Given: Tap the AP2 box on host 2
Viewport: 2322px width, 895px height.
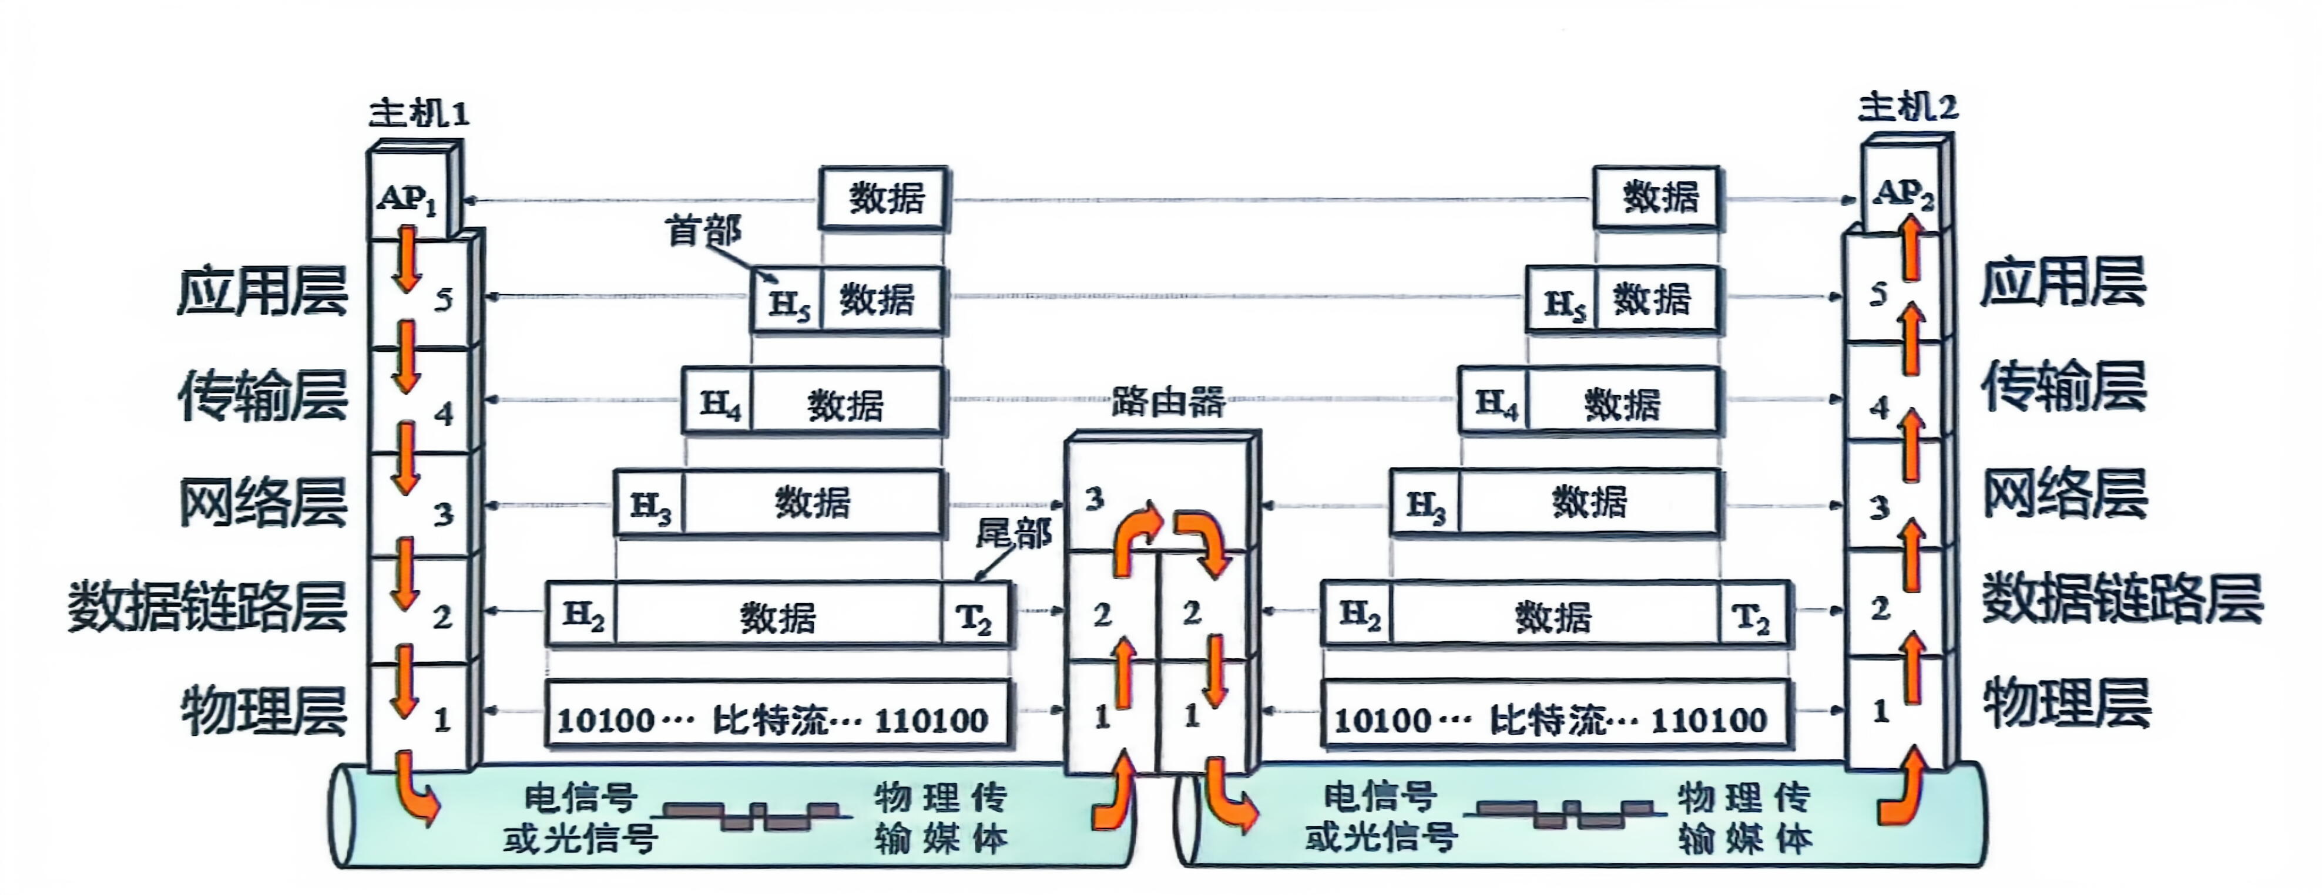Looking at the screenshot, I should [x=1903, y=192].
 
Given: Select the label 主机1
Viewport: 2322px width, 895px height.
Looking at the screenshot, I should [x=419, y=113].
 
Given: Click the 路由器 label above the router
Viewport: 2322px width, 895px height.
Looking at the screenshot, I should [x=1167, y=401].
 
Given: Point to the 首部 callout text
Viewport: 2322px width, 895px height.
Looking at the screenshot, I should [x=703, y=231].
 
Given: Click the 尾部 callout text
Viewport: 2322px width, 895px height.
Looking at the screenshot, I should [x=1013, y=534].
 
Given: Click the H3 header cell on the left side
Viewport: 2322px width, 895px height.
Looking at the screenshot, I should [x=650, y=506].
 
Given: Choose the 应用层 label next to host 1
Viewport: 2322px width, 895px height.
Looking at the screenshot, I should [x=262, y=292].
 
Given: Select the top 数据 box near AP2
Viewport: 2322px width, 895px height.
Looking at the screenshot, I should [x=1657, y=197].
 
